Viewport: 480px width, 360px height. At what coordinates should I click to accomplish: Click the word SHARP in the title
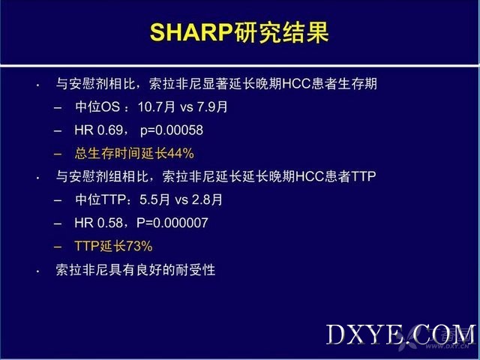pyautogui.click(x=191, y=32)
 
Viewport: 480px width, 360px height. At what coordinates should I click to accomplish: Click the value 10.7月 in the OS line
pyautogui.click(x=157, y=106)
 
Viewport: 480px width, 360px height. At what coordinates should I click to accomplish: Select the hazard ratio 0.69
pyautogui.click(x=110, y=130)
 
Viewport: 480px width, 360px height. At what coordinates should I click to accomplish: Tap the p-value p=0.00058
pyautogui.click(x=172, y=130)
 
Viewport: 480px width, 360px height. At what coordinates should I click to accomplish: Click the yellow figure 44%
pyautogui.click(x=180, y=153)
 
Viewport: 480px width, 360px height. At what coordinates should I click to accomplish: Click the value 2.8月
pyautogui.click(x=207, y=199)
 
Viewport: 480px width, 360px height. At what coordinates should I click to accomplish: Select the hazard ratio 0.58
pyautogui.click(x=110, y=223)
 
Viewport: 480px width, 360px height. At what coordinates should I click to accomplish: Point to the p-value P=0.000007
pyautogui.click(x=172, y=223)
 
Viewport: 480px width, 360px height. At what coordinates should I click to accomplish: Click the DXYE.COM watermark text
pyautogui.click(x=401, y=334)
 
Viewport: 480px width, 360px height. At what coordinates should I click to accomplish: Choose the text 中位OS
pyautogui.click(x=97, y=106)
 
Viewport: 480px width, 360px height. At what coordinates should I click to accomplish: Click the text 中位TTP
pyautogui.click(x=100, y=199)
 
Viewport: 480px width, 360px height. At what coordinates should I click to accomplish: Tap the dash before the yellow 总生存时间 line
pyautogui.click(x=58, y=154)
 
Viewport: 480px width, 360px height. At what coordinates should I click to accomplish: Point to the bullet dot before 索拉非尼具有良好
pyautogui.click(x=37, y=271)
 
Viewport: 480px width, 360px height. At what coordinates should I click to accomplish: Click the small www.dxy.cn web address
pyautogui.click(x=447, y=346)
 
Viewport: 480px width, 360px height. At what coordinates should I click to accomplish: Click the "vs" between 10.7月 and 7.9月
pyautogui.click(x=186, y=107)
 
